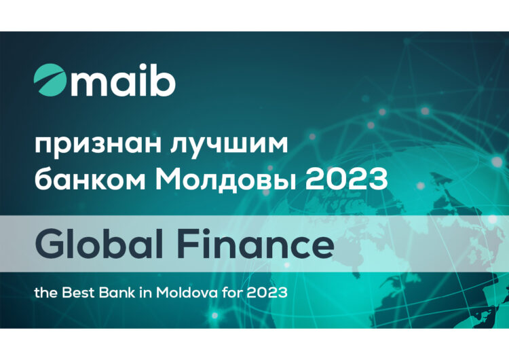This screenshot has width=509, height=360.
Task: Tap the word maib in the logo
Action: point(124,80)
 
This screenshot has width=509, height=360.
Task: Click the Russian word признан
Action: point(98,145)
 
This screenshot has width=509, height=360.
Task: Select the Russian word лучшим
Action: point(229,145)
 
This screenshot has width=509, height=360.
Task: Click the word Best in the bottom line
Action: point(79,293)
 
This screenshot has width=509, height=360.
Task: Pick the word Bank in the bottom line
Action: point(117,293)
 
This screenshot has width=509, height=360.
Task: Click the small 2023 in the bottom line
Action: point(267,293)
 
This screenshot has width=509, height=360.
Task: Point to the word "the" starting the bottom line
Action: point(46,293)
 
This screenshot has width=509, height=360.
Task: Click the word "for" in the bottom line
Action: point(232,293)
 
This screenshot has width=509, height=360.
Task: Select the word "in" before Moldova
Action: point(145,293)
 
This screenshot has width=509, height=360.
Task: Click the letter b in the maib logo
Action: point(164,80)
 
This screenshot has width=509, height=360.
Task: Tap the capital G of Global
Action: point(50,244)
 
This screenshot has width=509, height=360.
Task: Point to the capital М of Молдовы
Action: point(170,179)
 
